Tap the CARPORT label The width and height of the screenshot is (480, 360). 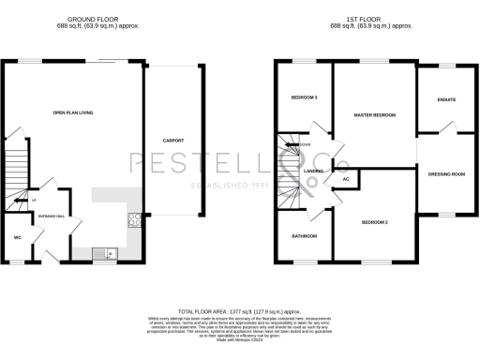tap(173, 141)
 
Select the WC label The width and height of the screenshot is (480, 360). tap(17, 237)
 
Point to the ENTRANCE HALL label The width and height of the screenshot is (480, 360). tap(51, 217)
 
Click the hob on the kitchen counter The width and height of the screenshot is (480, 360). tap(133, 221)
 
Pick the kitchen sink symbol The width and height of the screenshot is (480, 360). tap(110, 251)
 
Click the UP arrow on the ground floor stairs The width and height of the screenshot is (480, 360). tap(35, 200)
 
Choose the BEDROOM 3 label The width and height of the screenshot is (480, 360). tap(305, 97)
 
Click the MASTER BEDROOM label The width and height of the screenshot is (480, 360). tap(374, 115)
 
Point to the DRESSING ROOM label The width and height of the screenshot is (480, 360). tap(446, 173)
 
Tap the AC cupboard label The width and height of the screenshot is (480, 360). tap(346, 178)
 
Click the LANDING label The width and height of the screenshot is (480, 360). tap(314, 172)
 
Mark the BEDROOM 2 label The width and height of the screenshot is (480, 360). tap(374, 222)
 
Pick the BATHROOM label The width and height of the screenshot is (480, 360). tap(303, 235)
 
